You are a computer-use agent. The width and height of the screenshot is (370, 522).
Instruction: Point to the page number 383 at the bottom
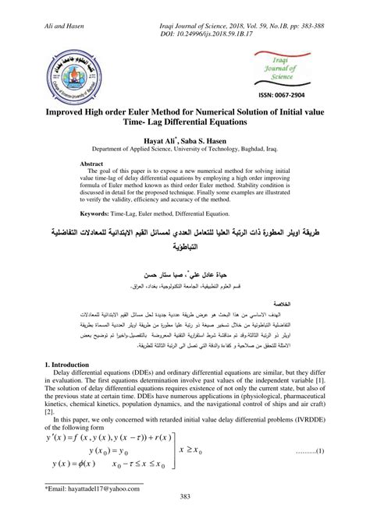(x=185, y=511)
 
